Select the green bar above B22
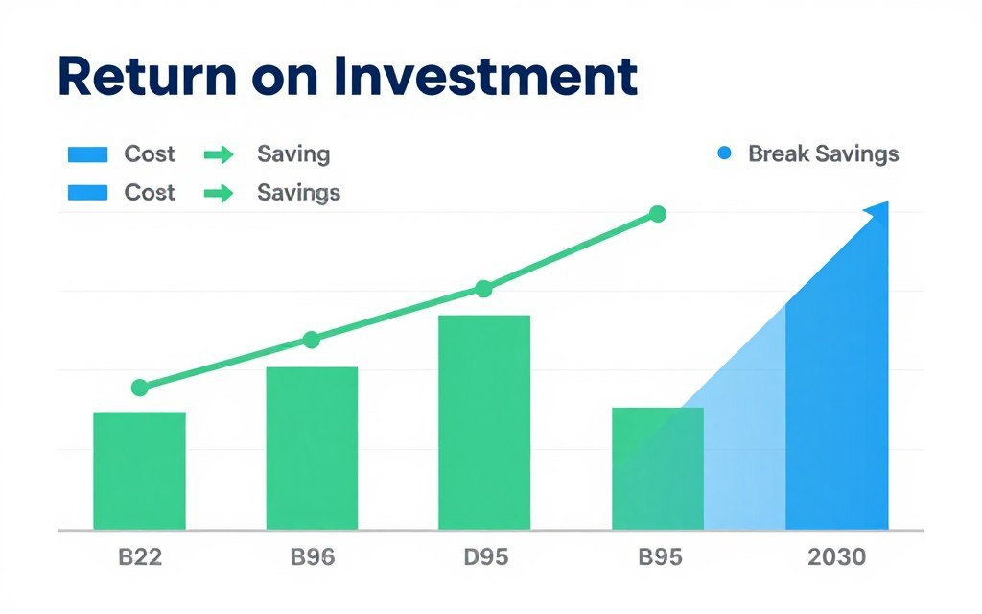(x=139, y=470)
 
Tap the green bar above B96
(x=312, y=448)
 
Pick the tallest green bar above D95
(x=484, y=422)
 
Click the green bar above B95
(x=657, y=468)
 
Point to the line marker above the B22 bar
(x=140, y=388)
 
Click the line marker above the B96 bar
(x=312, y=340)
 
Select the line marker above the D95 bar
(x=483, y=289)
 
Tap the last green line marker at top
(x=657, y=214)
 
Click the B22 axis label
(x=139, y=557)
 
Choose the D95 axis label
(x=484, y=557)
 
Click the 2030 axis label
(x=835, y=557)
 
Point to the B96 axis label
(x=312, y=557)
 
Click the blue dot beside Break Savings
(x=725, y=153)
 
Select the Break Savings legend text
(x=823, y=153)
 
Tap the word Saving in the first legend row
(x=293, y=153)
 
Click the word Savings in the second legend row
(x=298, y=192)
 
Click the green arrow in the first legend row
(x=220, y=154)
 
